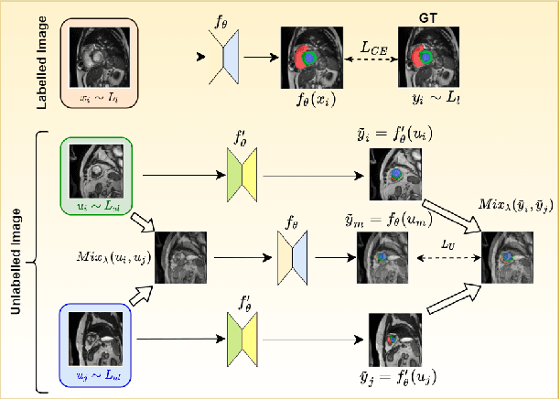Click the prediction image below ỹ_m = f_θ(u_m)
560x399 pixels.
click(x=382, y=257)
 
